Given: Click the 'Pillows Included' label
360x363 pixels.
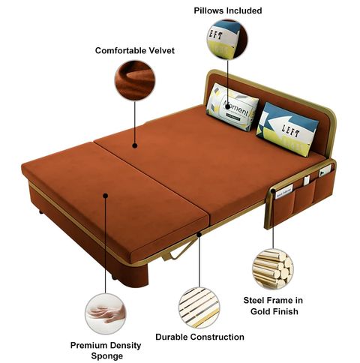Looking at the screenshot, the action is (x=228, y=10).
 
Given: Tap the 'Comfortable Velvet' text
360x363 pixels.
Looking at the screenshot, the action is (x=135, y=50).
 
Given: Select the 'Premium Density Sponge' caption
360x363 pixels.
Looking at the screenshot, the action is (x=106, y=350).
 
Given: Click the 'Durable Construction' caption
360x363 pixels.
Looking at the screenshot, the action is (x=199, y=337).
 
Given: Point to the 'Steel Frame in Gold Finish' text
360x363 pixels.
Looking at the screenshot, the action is (x=273, y=305).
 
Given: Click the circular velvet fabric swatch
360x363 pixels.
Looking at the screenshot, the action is (x=135, y=80).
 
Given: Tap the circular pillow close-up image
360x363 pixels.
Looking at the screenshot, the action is (x=227, y=40).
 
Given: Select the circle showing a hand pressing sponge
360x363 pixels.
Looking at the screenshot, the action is (x=106, y=313).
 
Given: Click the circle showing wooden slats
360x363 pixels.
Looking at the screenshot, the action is (x=199, y=307).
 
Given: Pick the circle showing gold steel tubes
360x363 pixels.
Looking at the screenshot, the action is (x=273, y=269).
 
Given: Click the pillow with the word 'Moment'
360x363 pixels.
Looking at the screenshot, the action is (x=232, y=107).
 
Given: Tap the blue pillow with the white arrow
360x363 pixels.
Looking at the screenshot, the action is (x=287, y=129).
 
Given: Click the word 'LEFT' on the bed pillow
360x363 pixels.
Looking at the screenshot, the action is (x=290, y=130).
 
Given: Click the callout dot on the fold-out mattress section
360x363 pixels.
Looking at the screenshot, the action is (x=106, y=196).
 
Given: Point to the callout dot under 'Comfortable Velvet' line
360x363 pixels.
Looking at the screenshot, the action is (x=135, y=145).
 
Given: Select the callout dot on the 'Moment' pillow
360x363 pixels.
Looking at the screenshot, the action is (x=227, y=107).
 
